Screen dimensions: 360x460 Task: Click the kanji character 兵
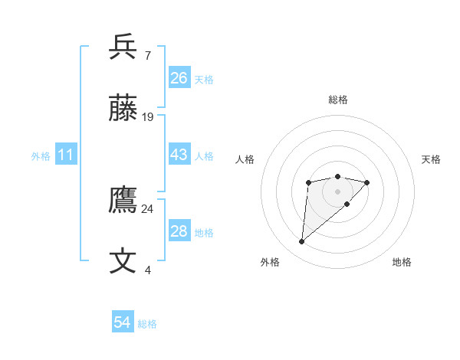tap(123, 47)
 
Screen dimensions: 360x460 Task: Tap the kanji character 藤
tap(123, 109)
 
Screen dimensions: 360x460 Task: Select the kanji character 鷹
tap(123, 201)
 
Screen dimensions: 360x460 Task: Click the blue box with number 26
tap(179, 78)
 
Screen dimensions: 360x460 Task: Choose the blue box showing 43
tap(179, 155)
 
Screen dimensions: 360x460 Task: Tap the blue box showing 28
tap(179, 231)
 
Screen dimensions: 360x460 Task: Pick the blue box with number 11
tap(66, 155)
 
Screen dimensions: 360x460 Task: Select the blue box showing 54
tap(123, 322)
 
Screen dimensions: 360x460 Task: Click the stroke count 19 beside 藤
tap(148, 117)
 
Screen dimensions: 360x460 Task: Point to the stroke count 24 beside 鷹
tap(147, 208)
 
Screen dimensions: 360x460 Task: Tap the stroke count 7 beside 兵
tap(147, 56)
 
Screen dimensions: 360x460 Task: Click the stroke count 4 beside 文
tap(147, 270)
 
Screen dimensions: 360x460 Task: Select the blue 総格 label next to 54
tap(147, 324)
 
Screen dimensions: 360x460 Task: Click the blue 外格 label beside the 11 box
tap(41, 156)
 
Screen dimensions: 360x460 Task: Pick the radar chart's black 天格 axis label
tap(431, 159)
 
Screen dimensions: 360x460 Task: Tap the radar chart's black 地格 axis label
tap(402, 262)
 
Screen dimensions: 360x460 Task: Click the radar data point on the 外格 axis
tap(301, 242)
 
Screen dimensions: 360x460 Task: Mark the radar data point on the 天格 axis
tap(367, 182)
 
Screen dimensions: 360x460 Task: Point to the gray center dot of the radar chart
tap(337, 191)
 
